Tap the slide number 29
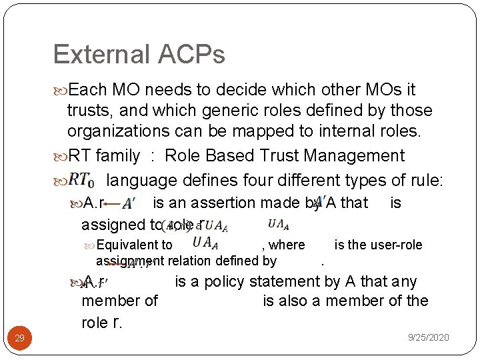coord(20,339)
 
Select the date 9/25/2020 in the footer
coord(428,338)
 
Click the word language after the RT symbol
coord(141,181)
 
